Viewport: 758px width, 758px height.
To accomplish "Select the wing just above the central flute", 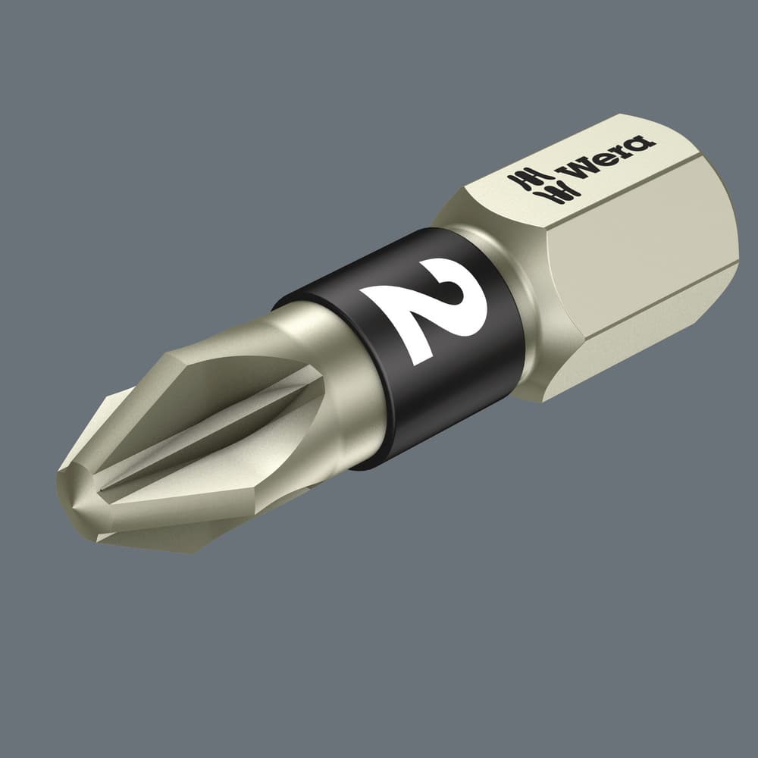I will [227, 379].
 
